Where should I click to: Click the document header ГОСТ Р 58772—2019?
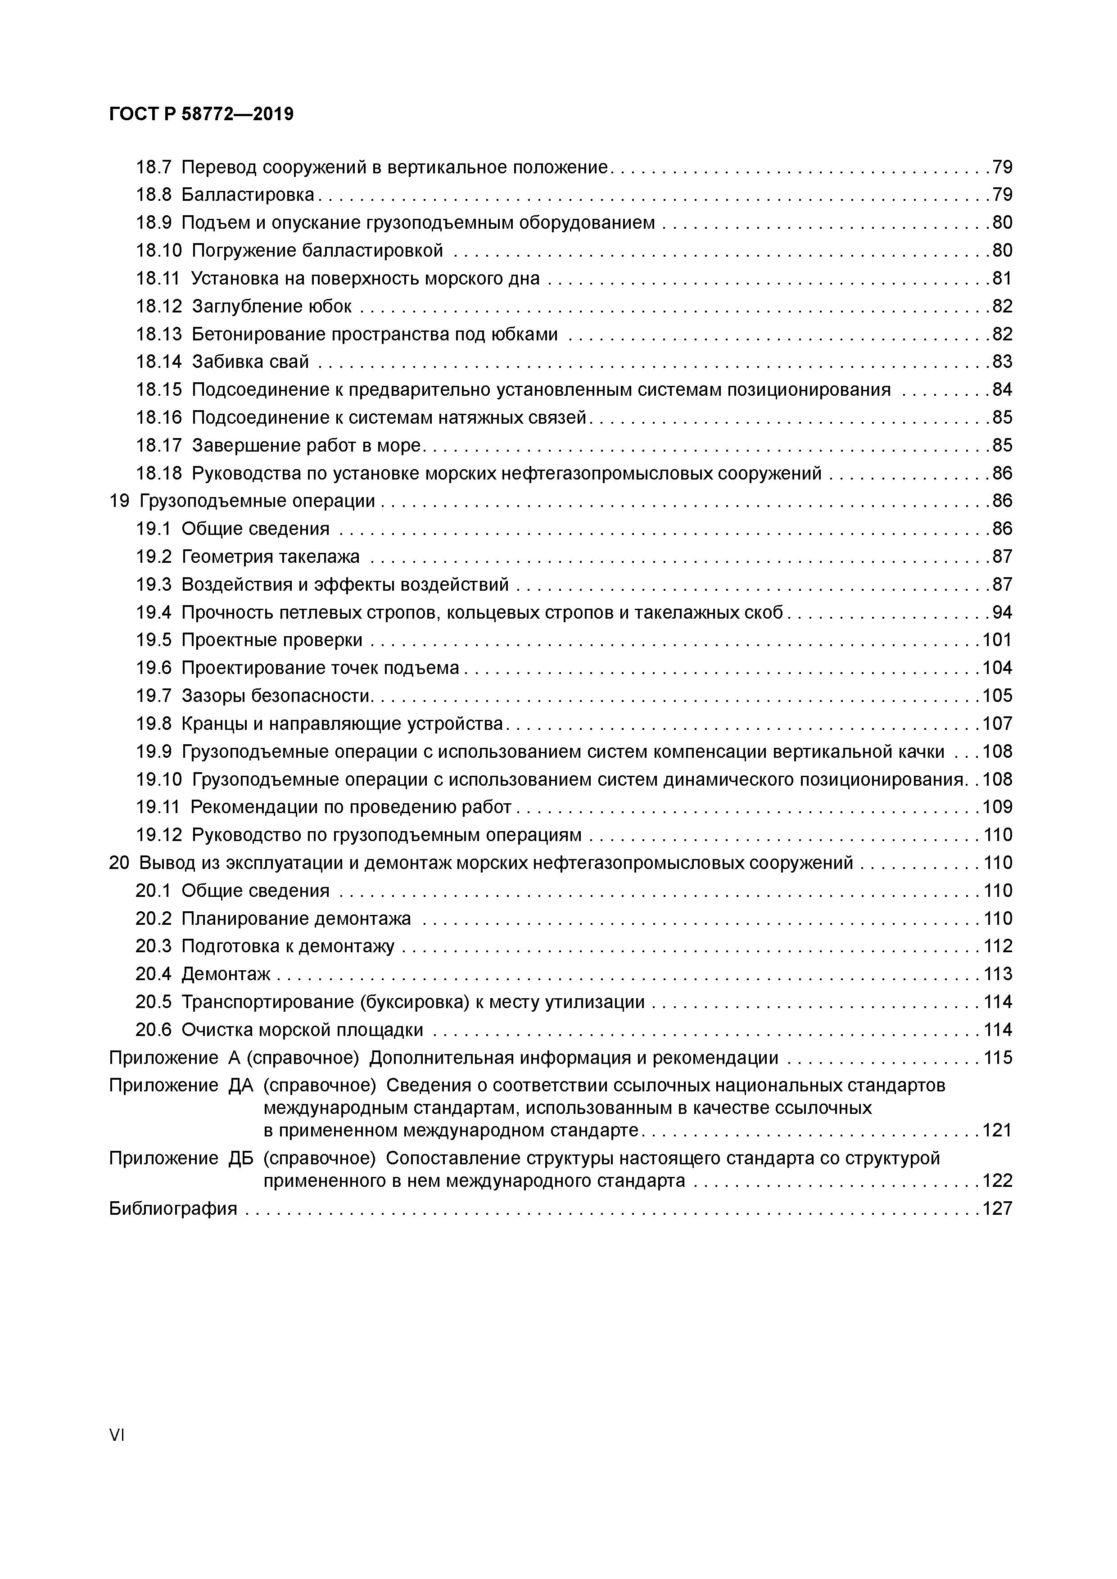(x=201, y=114)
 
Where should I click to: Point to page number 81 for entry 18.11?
(x=1002, y=279)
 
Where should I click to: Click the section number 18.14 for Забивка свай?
(x=159, y=362)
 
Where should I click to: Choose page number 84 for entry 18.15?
(x=1002, y=390)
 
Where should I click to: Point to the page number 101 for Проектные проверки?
(x=997, y=640)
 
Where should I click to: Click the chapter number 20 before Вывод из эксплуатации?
(x=119, y=863)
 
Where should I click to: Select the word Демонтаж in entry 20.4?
(x=226, y=974)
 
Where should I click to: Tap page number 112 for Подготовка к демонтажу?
(x=997, y=947)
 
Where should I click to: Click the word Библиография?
(x=172, y=1209)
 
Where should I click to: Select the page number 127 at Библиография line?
(x=997, y=1209)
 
